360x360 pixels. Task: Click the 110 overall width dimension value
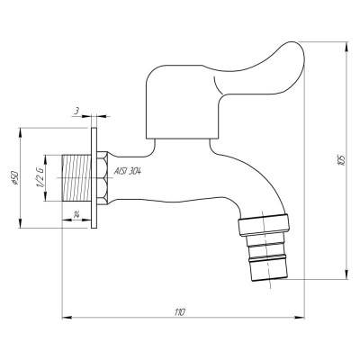click(x=179, y=310)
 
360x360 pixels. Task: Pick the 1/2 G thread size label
click(x=40, y=177)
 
